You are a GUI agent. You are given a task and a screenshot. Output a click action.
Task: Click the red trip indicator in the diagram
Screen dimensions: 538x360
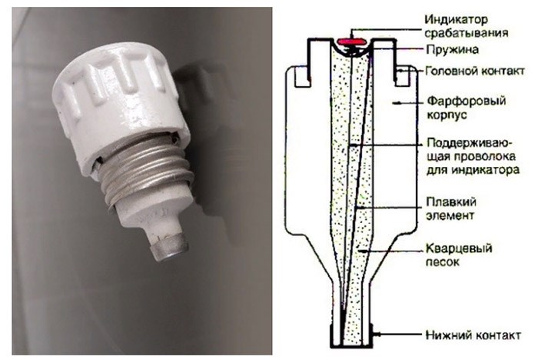click(x=351, y=42)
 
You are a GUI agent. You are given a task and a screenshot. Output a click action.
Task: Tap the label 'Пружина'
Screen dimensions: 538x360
click(x=452, y=50)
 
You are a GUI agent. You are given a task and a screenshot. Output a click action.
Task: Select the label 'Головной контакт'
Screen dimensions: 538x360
click(x=475, y=71)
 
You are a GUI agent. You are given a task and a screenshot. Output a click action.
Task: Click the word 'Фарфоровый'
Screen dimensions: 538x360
click(x=467, y=101)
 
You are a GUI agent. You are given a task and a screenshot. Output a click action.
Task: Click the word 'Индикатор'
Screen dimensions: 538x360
click(x=457, y=19)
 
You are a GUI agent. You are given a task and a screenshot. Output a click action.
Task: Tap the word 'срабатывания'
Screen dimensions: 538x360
click(x=467, y=33)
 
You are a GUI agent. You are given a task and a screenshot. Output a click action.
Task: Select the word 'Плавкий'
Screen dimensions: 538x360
click(x=451, y=202)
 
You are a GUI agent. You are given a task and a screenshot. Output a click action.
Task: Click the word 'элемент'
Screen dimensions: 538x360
click(x=450, y=215)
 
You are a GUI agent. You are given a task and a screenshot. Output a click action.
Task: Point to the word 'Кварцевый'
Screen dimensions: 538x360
click(x=459, y=248)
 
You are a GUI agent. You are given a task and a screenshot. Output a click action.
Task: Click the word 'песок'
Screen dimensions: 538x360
click(x=443, y=262)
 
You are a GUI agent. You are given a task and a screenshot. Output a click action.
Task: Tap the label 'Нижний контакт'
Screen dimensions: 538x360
click(x=473, y=335)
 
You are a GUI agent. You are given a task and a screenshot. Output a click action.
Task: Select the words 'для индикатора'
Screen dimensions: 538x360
click(x=473, y=170)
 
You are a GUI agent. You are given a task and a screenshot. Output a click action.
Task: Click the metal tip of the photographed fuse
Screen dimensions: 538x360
click(x=170, y=248)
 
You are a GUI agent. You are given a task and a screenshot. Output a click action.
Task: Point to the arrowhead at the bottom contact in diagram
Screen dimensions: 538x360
click(x=376, y=334)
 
